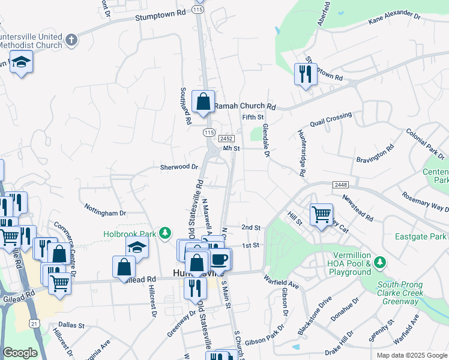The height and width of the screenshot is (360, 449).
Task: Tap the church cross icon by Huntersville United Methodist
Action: (x=71, y=40)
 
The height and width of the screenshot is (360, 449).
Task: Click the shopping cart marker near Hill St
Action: (x=321, y=213)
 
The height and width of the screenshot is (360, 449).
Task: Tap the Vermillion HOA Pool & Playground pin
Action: (x=379, y=263)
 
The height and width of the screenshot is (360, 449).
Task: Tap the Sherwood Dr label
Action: (x=179, y=167)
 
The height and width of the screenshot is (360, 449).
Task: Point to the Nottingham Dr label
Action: (x=105, y=213)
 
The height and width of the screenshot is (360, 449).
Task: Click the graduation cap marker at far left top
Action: (x=22, y=62)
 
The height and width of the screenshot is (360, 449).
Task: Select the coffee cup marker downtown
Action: (x=220, y=259)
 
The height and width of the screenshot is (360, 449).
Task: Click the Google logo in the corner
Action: (x=20, y=353)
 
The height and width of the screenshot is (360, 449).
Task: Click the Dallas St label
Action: (x=71, y=325)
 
